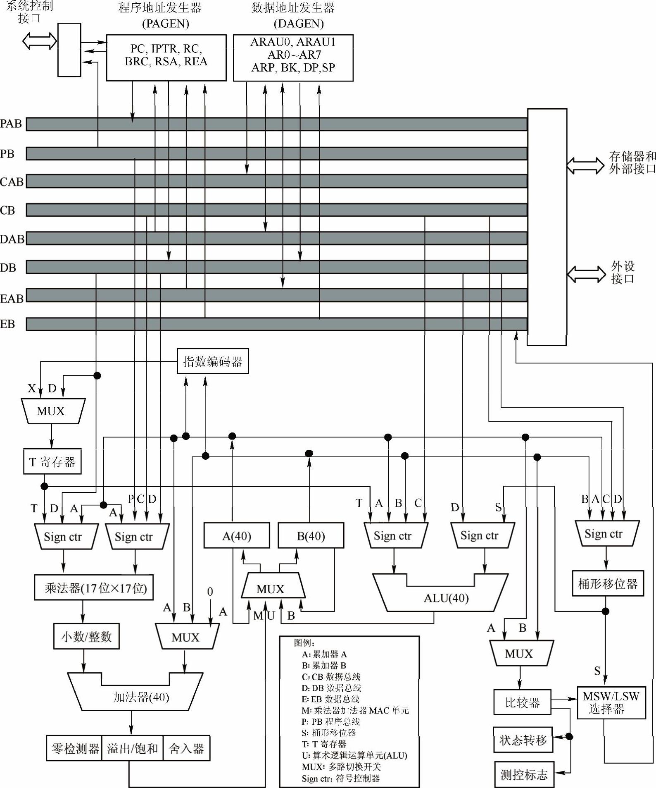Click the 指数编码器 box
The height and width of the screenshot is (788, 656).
tap(213, 361)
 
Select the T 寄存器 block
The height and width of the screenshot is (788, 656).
tap(52, 461)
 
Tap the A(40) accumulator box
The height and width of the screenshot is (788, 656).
tap(237, 536)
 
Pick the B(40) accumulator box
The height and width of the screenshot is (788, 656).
tap(311, 536)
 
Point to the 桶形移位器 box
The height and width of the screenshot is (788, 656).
tap(608, 584)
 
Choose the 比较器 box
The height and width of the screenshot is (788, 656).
tap(522, 702)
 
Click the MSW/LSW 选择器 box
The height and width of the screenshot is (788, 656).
tap(611, 702)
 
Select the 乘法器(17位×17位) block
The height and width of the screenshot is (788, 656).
tap(94, 587)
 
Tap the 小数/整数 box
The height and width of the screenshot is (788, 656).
tap(86, 636)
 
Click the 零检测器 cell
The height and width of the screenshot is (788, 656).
tap(75, 748)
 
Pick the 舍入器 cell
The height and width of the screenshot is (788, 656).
tap(187, 748)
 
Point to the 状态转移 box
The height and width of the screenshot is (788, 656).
tap(523, 740)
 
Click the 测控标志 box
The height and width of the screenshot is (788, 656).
tap(524, 774)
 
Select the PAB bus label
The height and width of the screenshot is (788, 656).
tap(11, 124)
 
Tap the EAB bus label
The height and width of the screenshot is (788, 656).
tap(12, 298)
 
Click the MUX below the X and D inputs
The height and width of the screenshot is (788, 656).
tap(51, 411)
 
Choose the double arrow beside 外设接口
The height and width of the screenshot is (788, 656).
tap(586, 274)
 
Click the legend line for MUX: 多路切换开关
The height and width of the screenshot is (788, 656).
tap(341, 767)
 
